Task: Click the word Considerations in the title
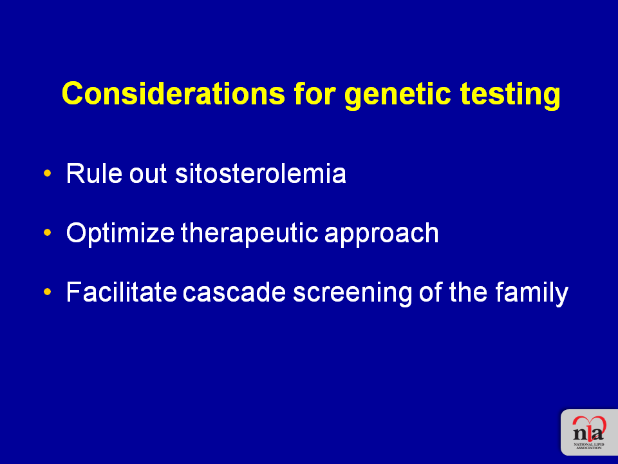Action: click(x=173, y=93)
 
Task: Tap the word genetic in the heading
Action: click(x=398, y=96)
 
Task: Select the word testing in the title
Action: click(x=510, y=96)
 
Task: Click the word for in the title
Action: click(x=315, y=93)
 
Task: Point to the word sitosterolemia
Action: click(x=261, y=173)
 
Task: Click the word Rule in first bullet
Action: click(x=94, y=173)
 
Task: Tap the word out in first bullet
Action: click(x=148, y=175)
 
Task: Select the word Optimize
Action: click(x=120, y=234)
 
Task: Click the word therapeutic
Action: click(x=250, y=234)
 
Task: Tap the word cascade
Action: click(x=234, y=292)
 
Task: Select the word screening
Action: click(x=352, y=294)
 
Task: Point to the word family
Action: click(x=532, y=294)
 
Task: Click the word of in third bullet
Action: click(x=431, y=292)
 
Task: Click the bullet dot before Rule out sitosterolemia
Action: click(x=48, y=173)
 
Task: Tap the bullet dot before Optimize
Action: click(x=48, y=233)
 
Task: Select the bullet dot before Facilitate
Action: click(x=48, y=291)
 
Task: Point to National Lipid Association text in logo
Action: click(x=589, y=446)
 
